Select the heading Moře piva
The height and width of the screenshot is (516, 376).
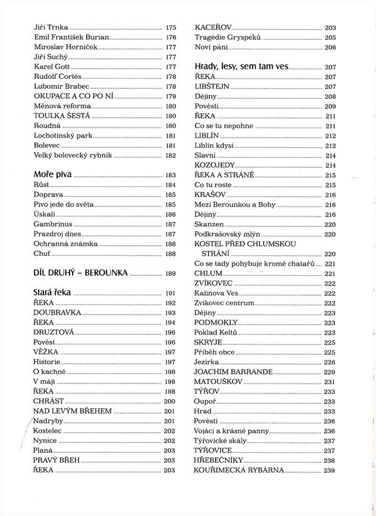(x=53, y=175)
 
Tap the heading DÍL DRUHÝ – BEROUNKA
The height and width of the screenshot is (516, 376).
(x=81, y=273)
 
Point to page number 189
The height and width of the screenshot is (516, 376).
(x=171, y=273)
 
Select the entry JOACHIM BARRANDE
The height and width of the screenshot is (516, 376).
(x=233, y=372)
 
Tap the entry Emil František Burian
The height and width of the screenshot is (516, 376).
(x=71, y=38)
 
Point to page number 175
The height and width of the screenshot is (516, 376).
(x=171, y=28)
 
